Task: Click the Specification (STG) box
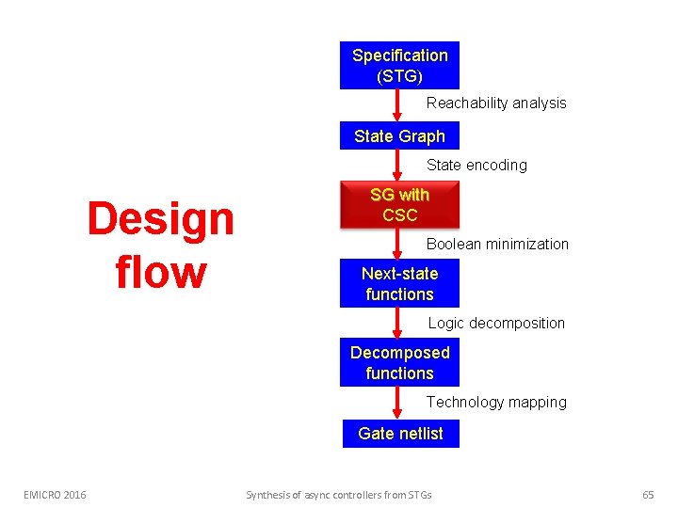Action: tap(399, 65)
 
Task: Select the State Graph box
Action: tap(399, 136)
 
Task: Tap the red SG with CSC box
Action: tap(399, 204)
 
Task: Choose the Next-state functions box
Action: tap(399, 283)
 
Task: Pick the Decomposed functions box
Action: tap(399, 362)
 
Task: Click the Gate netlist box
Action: tap(400, 434)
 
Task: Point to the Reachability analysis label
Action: tap(496, 103)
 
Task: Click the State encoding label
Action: tap(476, 166)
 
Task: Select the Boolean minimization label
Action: tap(497, 245)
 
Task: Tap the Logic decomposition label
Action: tap(496, 324)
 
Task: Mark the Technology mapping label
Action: tap(496, 403)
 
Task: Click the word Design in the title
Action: tap(160, 219)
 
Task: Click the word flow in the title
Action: tap(160, 272)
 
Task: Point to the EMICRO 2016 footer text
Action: tap(55, 495)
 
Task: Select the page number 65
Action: tap(647, 495)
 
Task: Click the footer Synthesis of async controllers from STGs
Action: tap(338, 495)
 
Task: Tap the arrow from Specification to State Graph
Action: tap(397, 105)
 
